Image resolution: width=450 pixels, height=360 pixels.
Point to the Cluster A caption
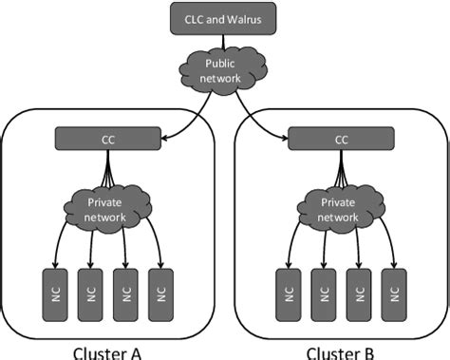(x=107, y=351)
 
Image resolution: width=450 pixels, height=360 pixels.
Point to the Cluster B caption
(x=339, y=351)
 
